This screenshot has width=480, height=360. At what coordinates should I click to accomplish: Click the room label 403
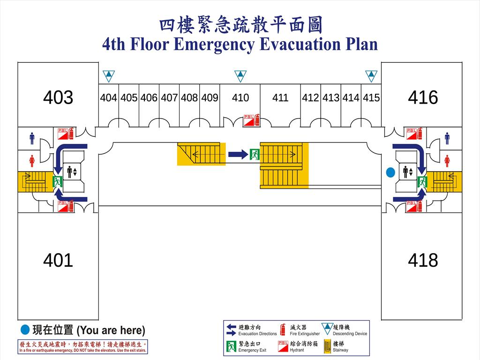pyautogui.click(x=58, y=97)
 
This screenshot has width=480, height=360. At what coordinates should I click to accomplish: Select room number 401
pyautogui.click(x=58, y=260)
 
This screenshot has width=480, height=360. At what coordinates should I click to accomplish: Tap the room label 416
pyautogui.click(x=423, y=97)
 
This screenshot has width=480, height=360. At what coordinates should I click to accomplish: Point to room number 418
pyautogui.click(x=423, y=260)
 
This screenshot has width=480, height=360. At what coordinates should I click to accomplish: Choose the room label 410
pyautogui.click(x=240, y=98)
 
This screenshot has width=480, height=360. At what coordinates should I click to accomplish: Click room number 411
pyautogui.click(x=280, y=98)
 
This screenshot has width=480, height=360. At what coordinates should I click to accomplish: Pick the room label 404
pyautogui.click(x=109, y=98)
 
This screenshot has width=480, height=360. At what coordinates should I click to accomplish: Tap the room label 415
pyautogui.click(x=371, y=98)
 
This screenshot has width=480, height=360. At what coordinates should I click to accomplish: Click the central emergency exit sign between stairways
pyautogui.click(x=255, y=154)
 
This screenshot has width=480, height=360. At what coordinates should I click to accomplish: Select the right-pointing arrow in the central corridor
pyautogui.click(x=238, y=154)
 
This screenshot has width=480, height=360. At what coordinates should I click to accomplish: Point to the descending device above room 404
pyautogui.click(x=109, y=75)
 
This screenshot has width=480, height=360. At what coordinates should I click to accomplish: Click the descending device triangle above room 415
pyautogui.click(x=371, y=75)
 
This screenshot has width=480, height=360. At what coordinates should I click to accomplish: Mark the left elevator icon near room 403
pyautogui.click(x=72, y=172)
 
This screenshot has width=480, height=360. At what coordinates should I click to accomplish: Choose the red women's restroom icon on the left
pyautogui.click(x=32, y=161)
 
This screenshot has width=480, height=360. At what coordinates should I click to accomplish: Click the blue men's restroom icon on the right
pyautogui.click(x=447, y=138)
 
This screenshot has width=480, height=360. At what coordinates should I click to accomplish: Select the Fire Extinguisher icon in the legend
pyautogui.click(x=283, y=330)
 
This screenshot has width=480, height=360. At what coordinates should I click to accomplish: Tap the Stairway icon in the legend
pyautogui.click(x=327, y=346)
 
